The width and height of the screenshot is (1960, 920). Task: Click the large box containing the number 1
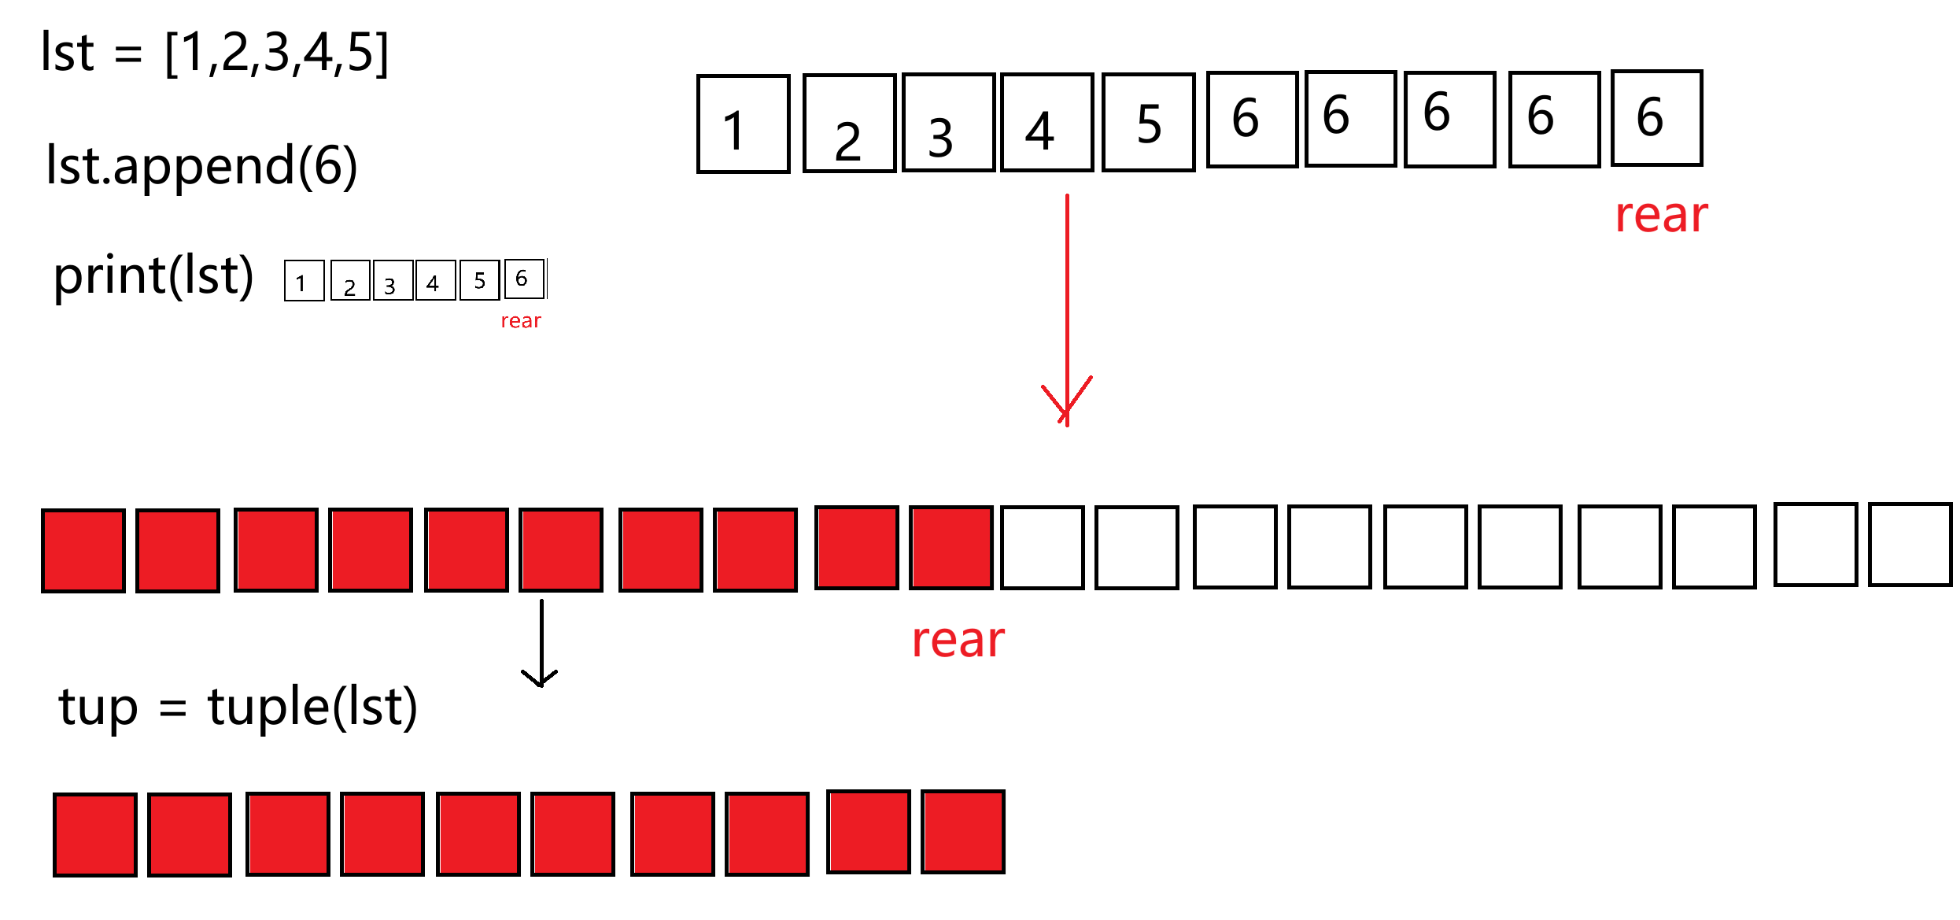[743, 124]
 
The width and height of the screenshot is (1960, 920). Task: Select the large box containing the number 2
[849, 124]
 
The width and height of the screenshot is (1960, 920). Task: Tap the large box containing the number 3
[948, 123]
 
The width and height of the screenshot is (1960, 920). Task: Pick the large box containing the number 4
[1046, 123]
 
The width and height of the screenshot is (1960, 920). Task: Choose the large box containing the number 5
[1148, 123]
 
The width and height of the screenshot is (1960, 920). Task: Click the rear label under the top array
[1661, 215]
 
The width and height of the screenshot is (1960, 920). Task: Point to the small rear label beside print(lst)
[521, 321]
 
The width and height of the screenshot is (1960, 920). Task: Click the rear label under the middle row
[958, 640]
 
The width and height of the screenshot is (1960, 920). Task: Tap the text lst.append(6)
[201, 166]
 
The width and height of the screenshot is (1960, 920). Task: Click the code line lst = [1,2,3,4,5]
[214, 54]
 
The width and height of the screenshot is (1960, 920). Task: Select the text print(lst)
[153, 276]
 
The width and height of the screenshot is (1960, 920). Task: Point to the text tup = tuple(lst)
[238, 707]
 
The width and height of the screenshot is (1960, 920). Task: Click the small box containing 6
[524, 279]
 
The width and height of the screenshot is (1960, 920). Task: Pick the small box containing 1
[304, 281]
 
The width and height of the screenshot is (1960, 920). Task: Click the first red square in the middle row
[83, 550]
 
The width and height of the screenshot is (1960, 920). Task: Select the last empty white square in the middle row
[1910, 545]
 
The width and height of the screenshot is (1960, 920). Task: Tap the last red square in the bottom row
[963, 832]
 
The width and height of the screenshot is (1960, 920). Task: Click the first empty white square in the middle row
[1042, 548]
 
